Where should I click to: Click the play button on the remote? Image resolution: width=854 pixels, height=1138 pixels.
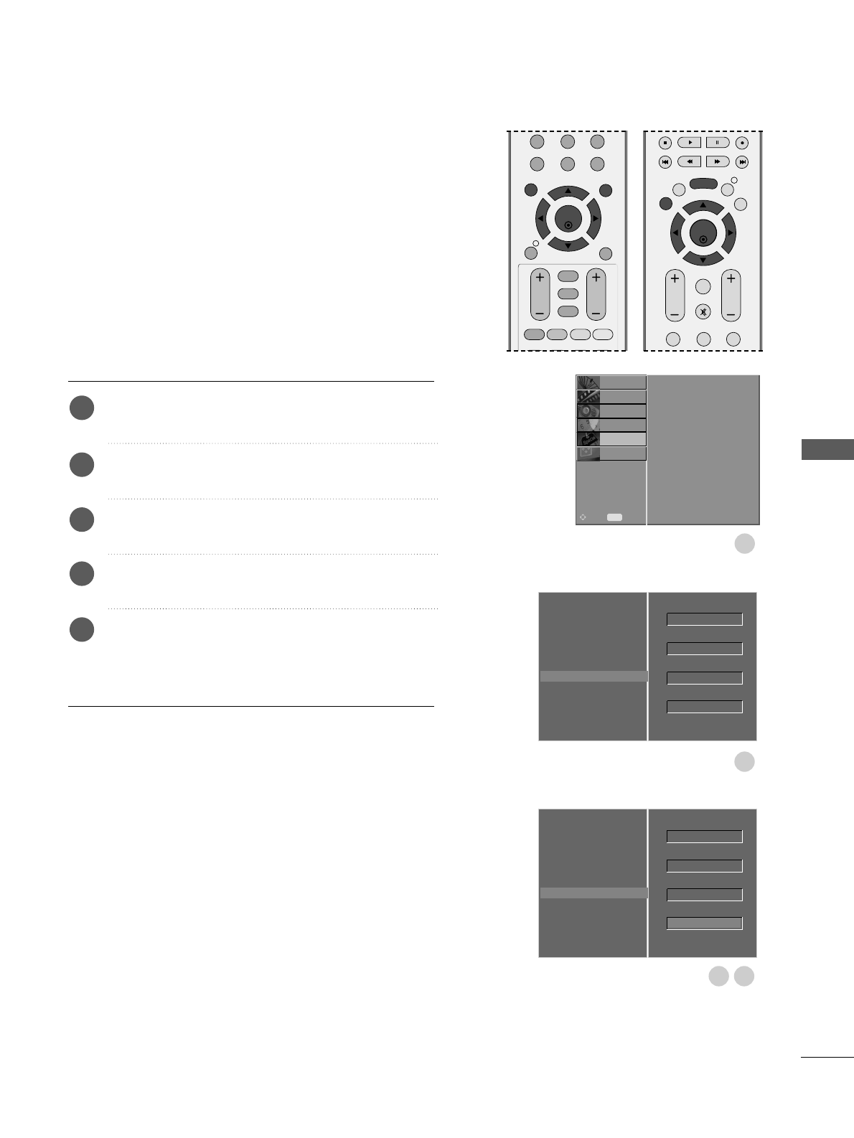[689, 143]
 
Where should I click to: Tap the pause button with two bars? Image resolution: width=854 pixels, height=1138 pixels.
[717, 143]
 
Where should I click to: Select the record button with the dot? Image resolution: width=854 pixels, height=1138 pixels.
[742, 143]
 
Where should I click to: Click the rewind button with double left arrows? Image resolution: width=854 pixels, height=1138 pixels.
[689, 162]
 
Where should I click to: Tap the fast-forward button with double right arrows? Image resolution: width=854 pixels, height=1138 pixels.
[717, 162]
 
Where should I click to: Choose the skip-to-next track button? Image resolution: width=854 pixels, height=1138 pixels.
[742, 162]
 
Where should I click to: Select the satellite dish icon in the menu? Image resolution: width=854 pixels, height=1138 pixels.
[588, 382]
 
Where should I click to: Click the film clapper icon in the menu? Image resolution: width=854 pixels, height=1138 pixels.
[588, 397]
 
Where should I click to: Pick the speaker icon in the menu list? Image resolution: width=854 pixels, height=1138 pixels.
[588, 411]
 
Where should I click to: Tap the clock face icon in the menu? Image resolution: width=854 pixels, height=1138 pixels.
[588, 425]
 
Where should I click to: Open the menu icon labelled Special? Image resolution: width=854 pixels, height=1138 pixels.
[588, 439]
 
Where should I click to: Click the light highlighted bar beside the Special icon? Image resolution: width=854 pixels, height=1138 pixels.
[622, 439]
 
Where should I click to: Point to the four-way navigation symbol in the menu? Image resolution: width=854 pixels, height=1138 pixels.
[583, 517]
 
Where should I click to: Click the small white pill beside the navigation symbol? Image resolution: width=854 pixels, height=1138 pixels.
[614, 517]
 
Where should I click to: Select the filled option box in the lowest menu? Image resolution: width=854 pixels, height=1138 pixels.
[704, 923]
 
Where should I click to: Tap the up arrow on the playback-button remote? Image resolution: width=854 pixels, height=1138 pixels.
[703, 206]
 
